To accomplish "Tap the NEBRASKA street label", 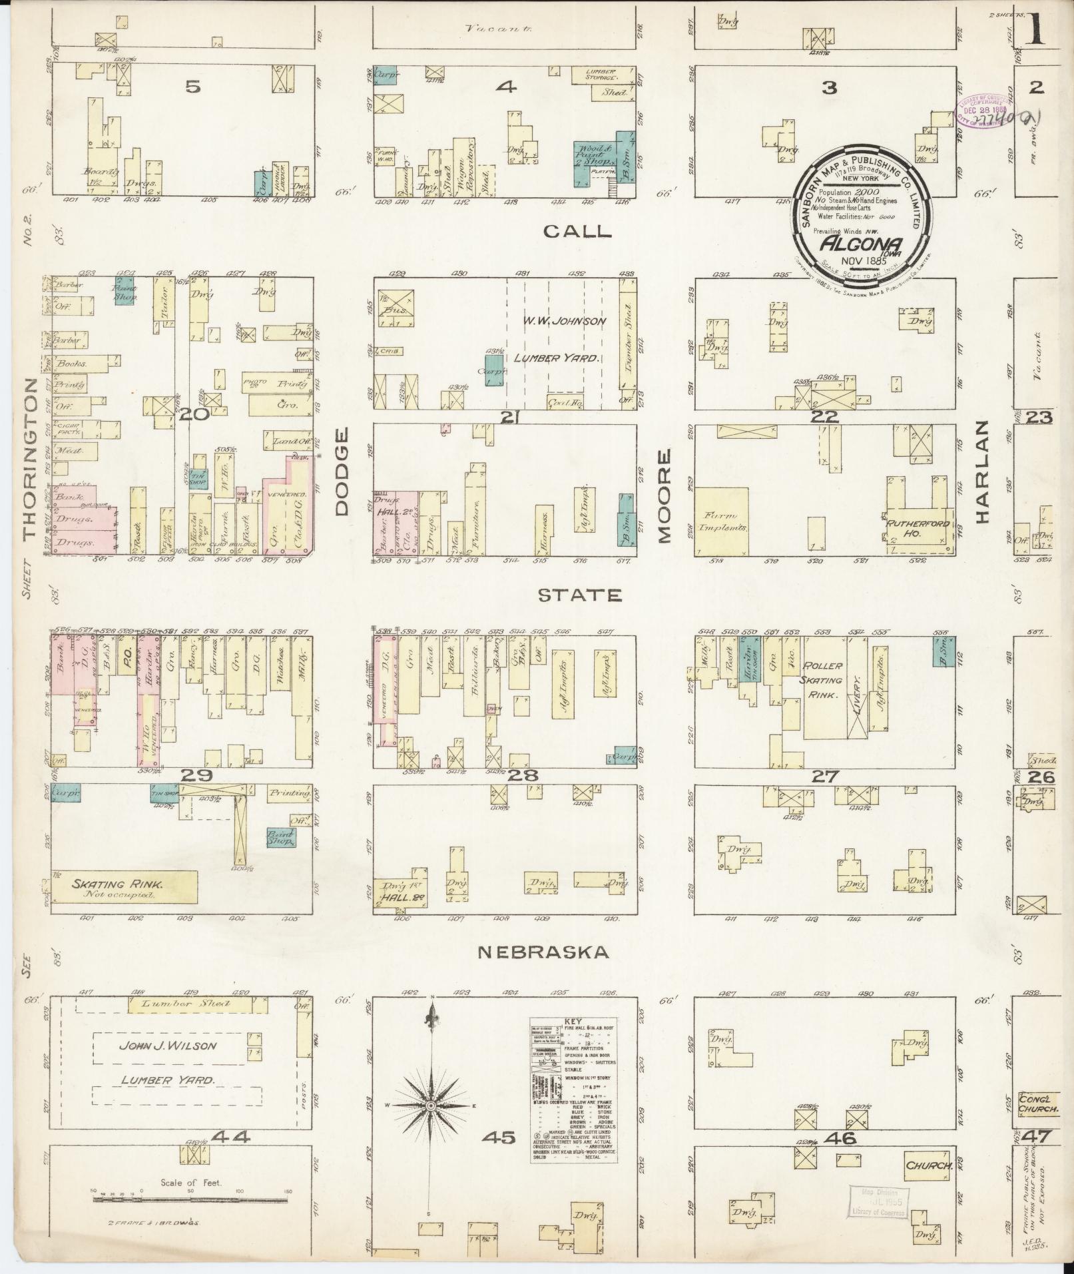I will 543,953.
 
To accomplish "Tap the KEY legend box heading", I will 573,1020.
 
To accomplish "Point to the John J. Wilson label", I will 168,1045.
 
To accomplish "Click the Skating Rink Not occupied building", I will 124,889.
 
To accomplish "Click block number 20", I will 195,415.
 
